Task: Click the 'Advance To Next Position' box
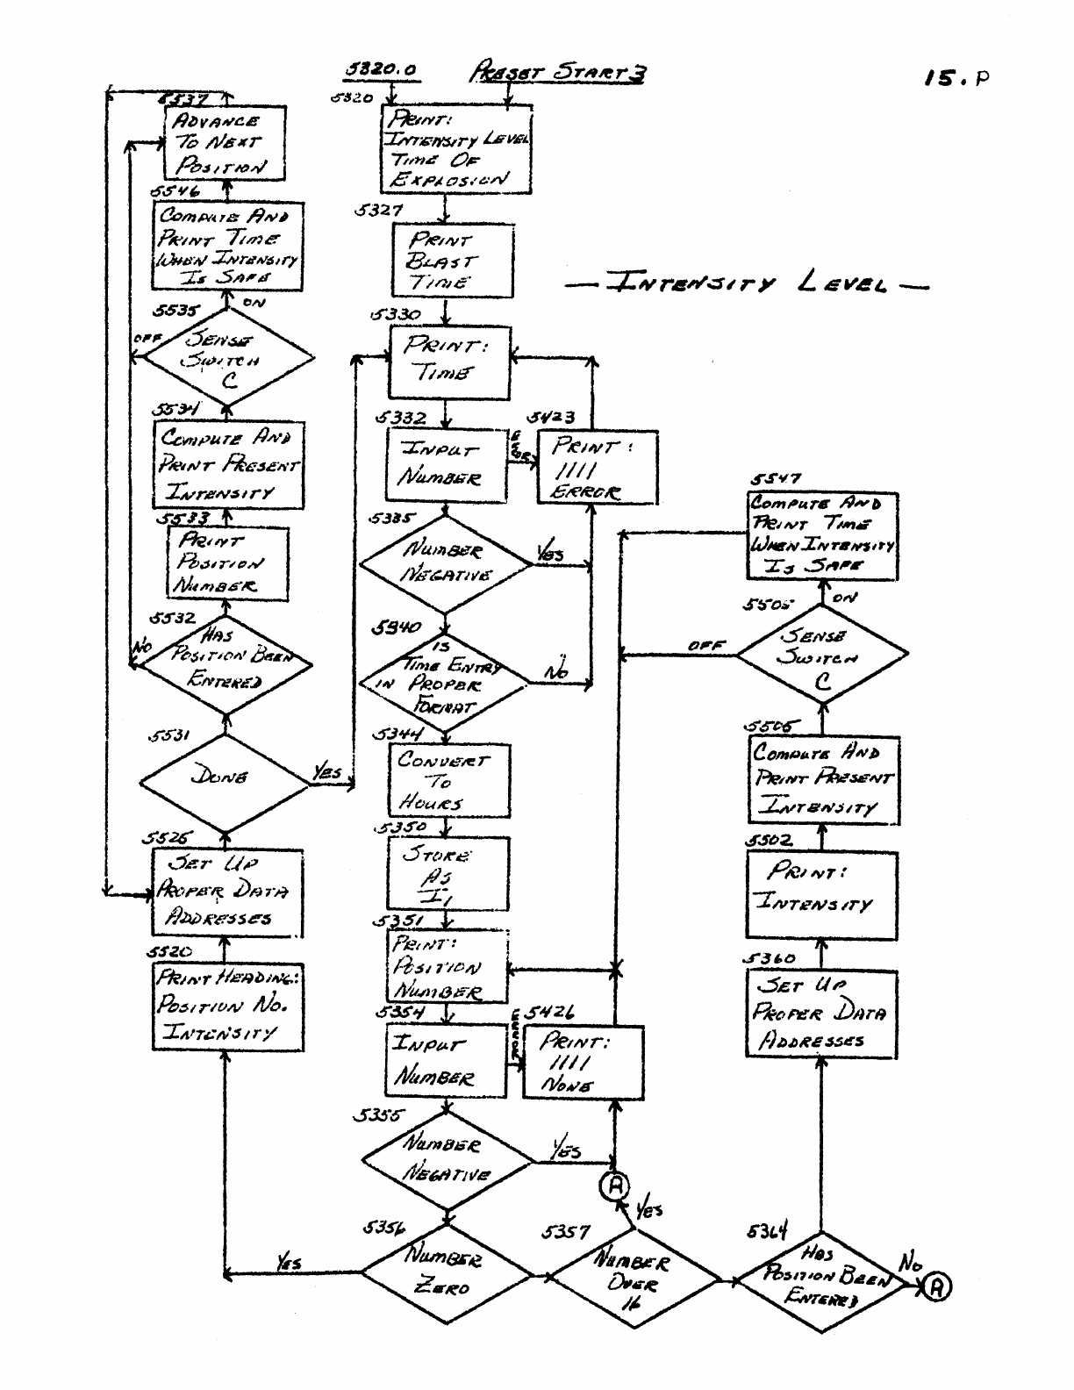click(225, 143)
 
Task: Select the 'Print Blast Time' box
click(453, 261)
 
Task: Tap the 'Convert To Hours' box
click(448, 781)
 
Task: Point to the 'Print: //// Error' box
click(597, 469)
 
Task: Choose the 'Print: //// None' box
click(583, 1062)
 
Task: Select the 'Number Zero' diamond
click(447, 1272)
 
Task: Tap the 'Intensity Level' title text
click(746, 284)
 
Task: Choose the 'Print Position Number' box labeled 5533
click(227, 563)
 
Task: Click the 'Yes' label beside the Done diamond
click(326, 772)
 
